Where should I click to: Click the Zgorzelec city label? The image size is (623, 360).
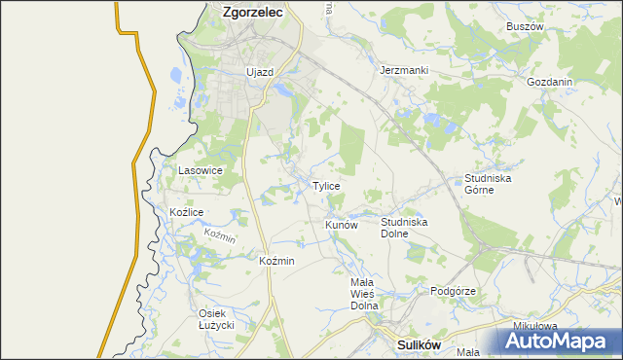(x=252, y=13)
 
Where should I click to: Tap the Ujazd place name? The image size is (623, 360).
(x=260, y=72)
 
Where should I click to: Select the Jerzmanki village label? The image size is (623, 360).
(x=404, y=71)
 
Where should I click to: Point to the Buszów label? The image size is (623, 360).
(x=525, y=27)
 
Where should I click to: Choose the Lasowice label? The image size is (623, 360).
(x=201, y=170)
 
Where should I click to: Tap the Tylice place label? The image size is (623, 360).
(x=326, y=186)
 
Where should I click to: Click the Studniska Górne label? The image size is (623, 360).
(x=488, y=184)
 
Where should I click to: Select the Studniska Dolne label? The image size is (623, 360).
(x=404, y=228)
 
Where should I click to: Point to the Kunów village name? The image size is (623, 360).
(x=342, y=225)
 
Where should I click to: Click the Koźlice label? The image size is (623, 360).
(x=186, y=212)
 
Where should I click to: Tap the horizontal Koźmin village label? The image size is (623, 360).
(x=277, y=261)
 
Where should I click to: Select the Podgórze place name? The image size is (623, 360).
(x=453, y=291)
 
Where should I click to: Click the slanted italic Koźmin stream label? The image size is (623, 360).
(x=220, y=236)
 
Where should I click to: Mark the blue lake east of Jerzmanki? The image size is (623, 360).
(x=434, y=122)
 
